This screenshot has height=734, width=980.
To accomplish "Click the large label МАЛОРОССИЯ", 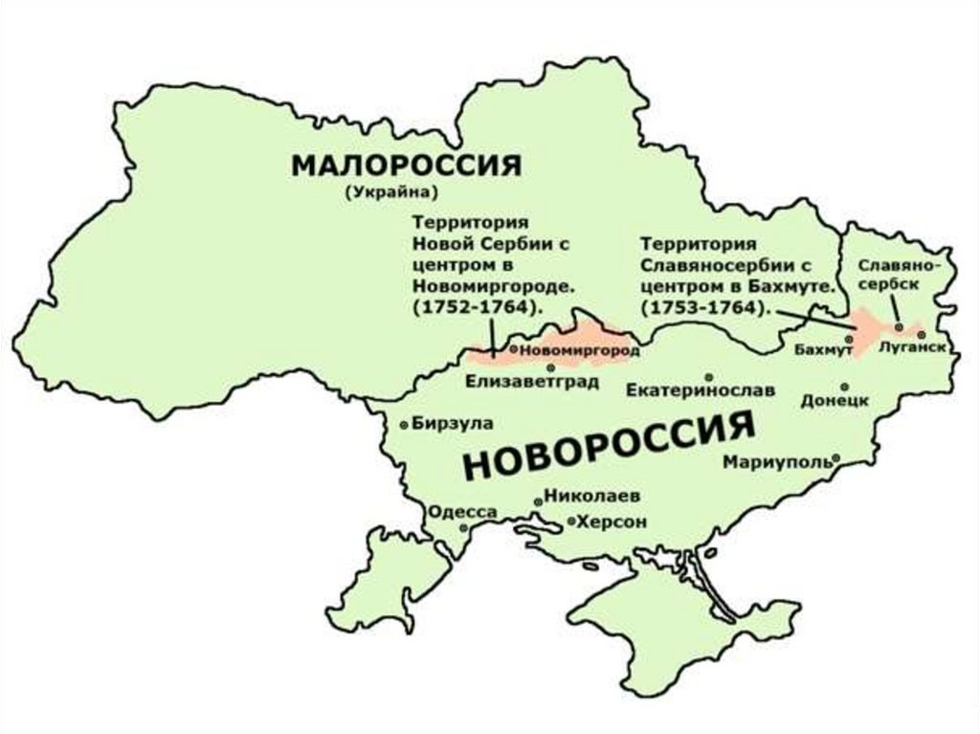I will pos(406,166).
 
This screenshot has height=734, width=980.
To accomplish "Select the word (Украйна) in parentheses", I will pos(392,192).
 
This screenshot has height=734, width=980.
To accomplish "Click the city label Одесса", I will pos(462,512).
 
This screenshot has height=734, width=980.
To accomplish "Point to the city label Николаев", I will pos(591,497).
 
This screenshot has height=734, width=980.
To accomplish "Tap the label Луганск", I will pos(915,349).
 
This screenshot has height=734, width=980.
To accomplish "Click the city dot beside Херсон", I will pos(571,523).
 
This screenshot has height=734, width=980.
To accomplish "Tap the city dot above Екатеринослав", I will pos(708,377).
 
